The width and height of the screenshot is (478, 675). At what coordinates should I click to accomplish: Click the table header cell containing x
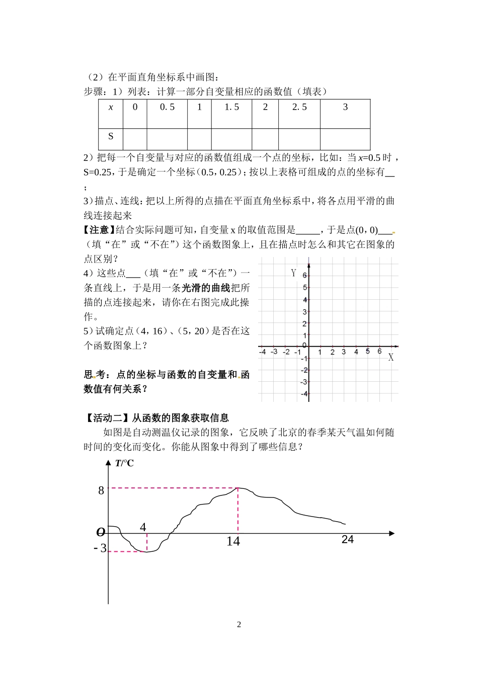tap(111, 107)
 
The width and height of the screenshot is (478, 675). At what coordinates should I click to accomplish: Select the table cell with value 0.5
tap(167, 107)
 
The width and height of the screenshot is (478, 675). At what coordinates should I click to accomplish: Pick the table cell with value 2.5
tap(299, 107)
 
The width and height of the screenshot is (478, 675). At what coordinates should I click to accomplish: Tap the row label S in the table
tap(111, 136)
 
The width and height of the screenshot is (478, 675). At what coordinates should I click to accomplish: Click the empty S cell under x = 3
tap(345, 139)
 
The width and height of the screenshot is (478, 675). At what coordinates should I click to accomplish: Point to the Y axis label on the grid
tap(293, 273)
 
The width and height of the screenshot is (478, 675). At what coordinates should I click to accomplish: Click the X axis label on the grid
tap(391, 358)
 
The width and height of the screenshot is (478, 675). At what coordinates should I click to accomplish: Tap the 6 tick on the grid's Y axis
tap(304, 276)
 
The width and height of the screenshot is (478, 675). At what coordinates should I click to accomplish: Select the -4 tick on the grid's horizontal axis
tap(262, 352)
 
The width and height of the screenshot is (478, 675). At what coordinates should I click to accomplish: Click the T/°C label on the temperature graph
tap(124, 463)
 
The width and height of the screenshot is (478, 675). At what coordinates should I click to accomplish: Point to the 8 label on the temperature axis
tap(101, 490)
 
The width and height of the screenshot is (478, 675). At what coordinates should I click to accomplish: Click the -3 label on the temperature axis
tap(101, 548)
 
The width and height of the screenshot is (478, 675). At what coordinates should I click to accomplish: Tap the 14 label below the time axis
tap(233, 541)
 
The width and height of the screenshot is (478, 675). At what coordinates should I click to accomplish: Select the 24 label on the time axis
tap(347, 539)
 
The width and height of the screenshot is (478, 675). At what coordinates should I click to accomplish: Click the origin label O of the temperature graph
tap(101, 532)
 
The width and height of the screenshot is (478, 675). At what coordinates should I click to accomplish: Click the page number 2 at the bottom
tap(239, 625)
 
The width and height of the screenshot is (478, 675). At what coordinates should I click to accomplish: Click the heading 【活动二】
tap(107, 417)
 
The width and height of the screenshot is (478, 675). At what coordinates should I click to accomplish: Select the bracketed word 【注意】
tap(99, 230)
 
